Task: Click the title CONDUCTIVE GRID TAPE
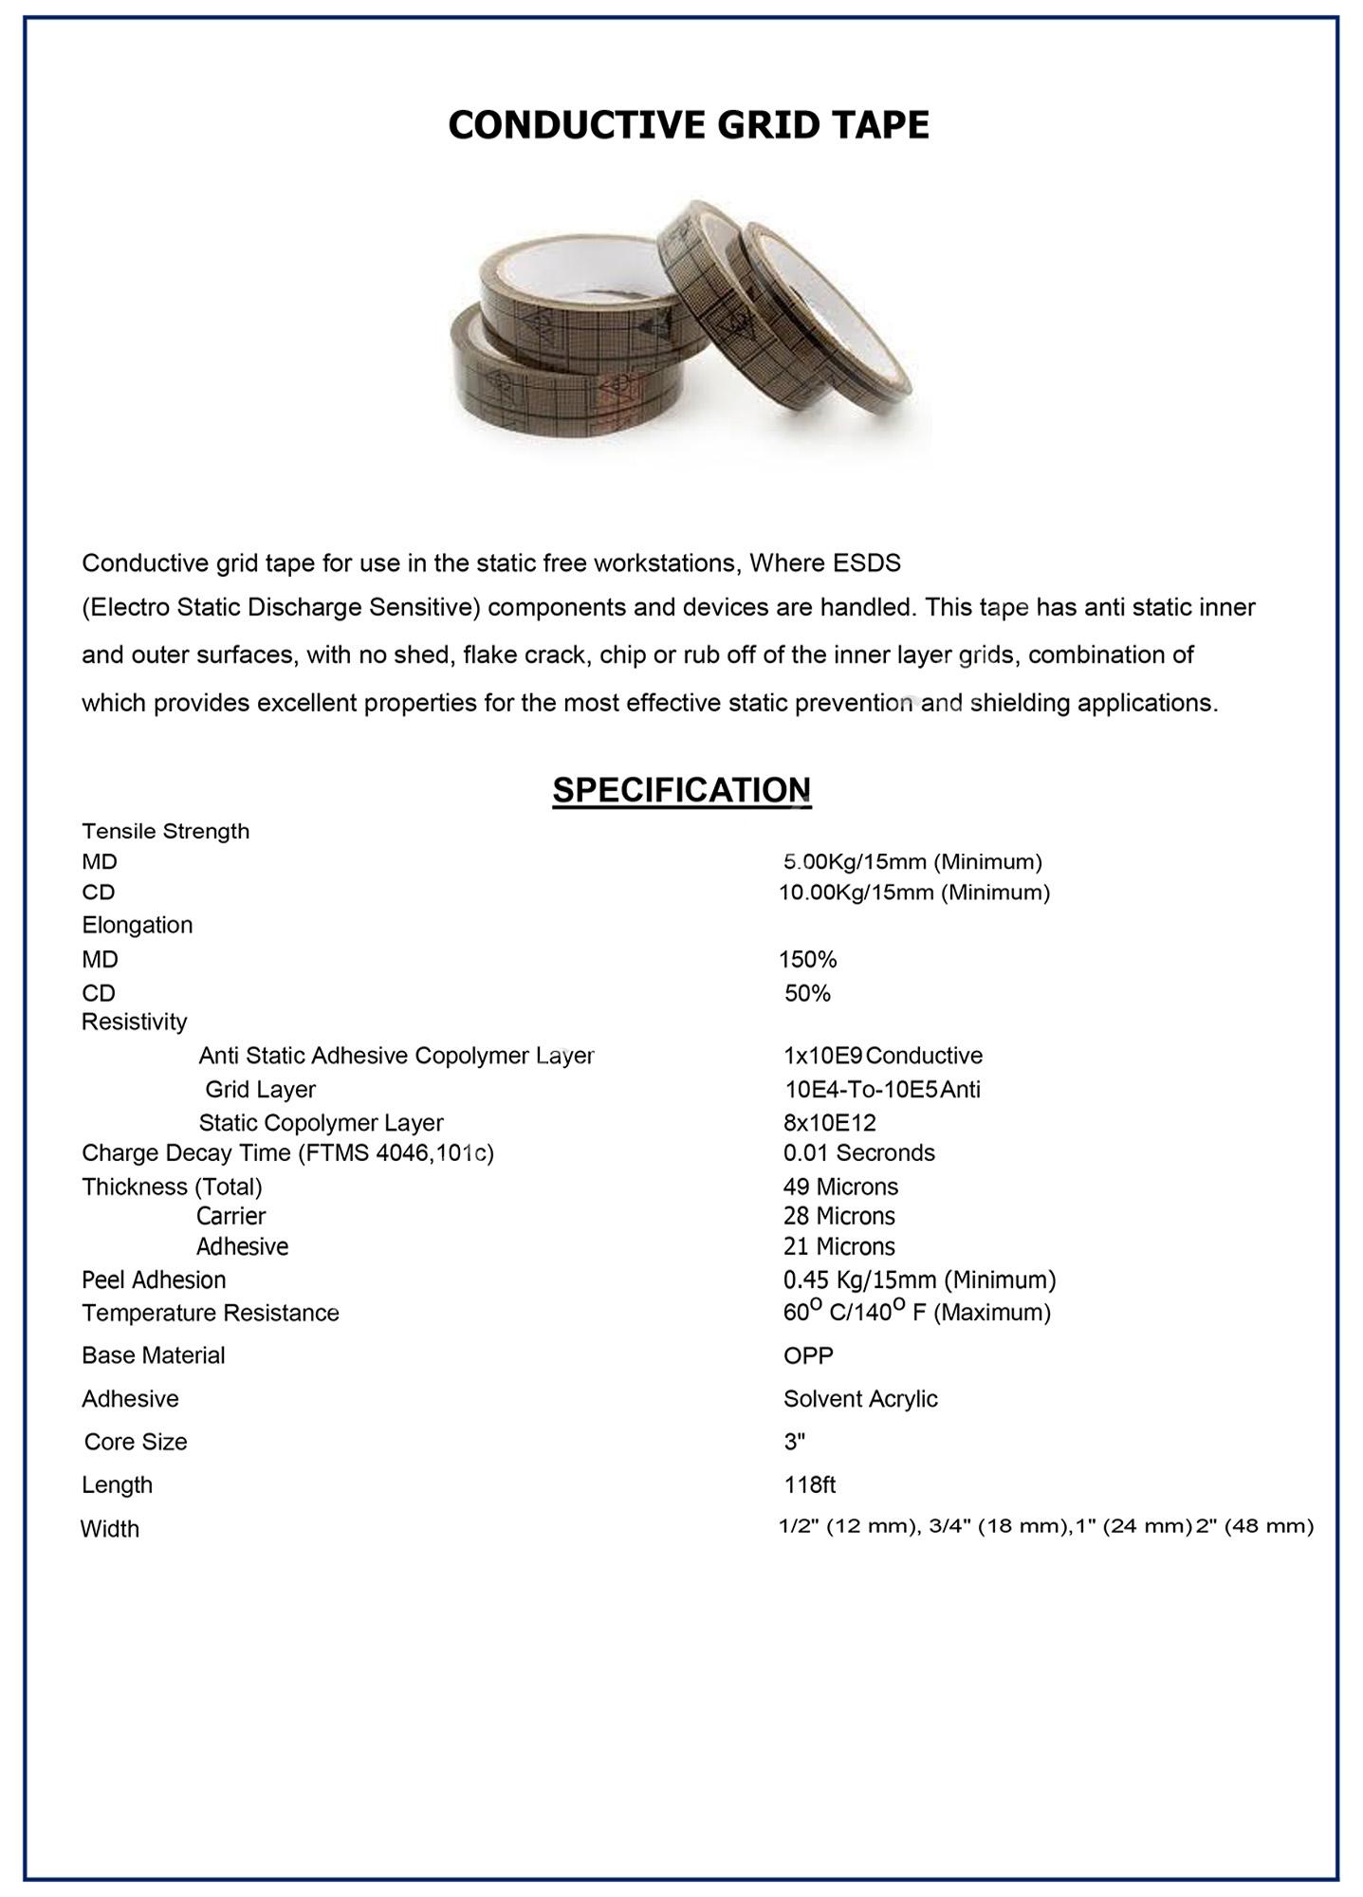pos(688,125)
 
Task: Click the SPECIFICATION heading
pos(681,790)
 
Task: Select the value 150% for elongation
pos(807,960)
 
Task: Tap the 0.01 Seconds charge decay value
pos(858,1152)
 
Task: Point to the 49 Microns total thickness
pos(840,1187)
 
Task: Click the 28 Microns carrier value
pos(838,1216)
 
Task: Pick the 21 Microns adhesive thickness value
pos(838,1246)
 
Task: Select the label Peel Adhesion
pos(154,1280)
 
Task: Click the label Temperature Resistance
pos(210,1313)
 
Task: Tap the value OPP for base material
pos(808,1355)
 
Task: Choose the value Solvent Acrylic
pos(860,1399)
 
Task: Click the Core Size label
pos(136,1442)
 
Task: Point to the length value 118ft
pos(809,1484)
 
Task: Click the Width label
pos(110,1529)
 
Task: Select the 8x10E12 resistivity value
pos(829,1123)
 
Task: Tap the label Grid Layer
pos(260,1089)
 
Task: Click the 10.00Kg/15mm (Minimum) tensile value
pos(913,893)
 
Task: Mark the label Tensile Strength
pos(165,831)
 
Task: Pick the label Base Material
pos(153,1355)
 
